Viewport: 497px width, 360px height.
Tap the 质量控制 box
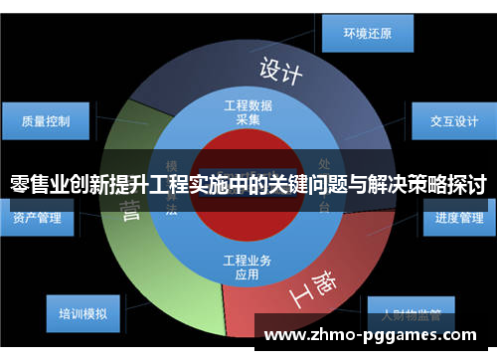pos(46,121)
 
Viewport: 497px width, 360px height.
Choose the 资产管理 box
pos(38,217)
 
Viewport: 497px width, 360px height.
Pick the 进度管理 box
pos(459,217)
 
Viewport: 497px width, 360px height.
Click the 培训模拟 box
pos(83,313)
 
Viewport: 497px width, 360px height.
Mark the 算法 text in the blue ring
pos(172,204)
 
